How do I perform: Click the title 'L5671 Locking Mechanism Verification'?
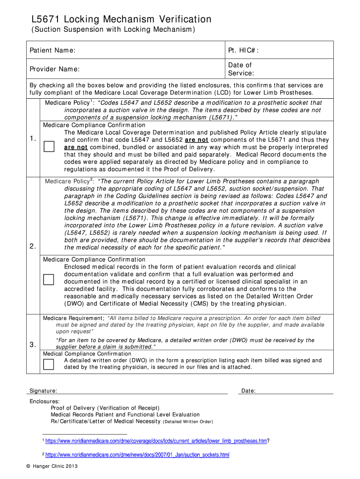pos(121,19)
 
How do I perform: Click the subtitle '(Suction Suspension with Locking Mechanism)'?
pos(113,30)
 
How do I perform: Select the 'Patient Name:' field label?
pos(53,50)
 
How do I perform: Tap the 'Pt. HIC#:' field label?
pos(244,50)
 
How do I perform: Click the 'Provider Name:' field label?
pos(55,69)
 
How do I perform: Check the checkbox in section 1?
pos(49,147)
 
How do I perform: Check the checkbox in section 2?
pos(49,280)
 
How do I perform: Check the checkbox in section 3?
pos(49,364)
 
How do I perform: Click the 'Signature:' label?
pos(43,391)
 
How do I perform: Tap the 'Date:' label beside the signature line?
pos(248,391)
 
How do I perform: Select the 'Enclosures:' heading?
pos(45,401)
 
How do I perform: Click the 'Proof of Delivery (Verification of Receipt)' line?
pos(105,408)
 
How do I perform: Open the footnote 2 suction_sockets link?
pos(137,455)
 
